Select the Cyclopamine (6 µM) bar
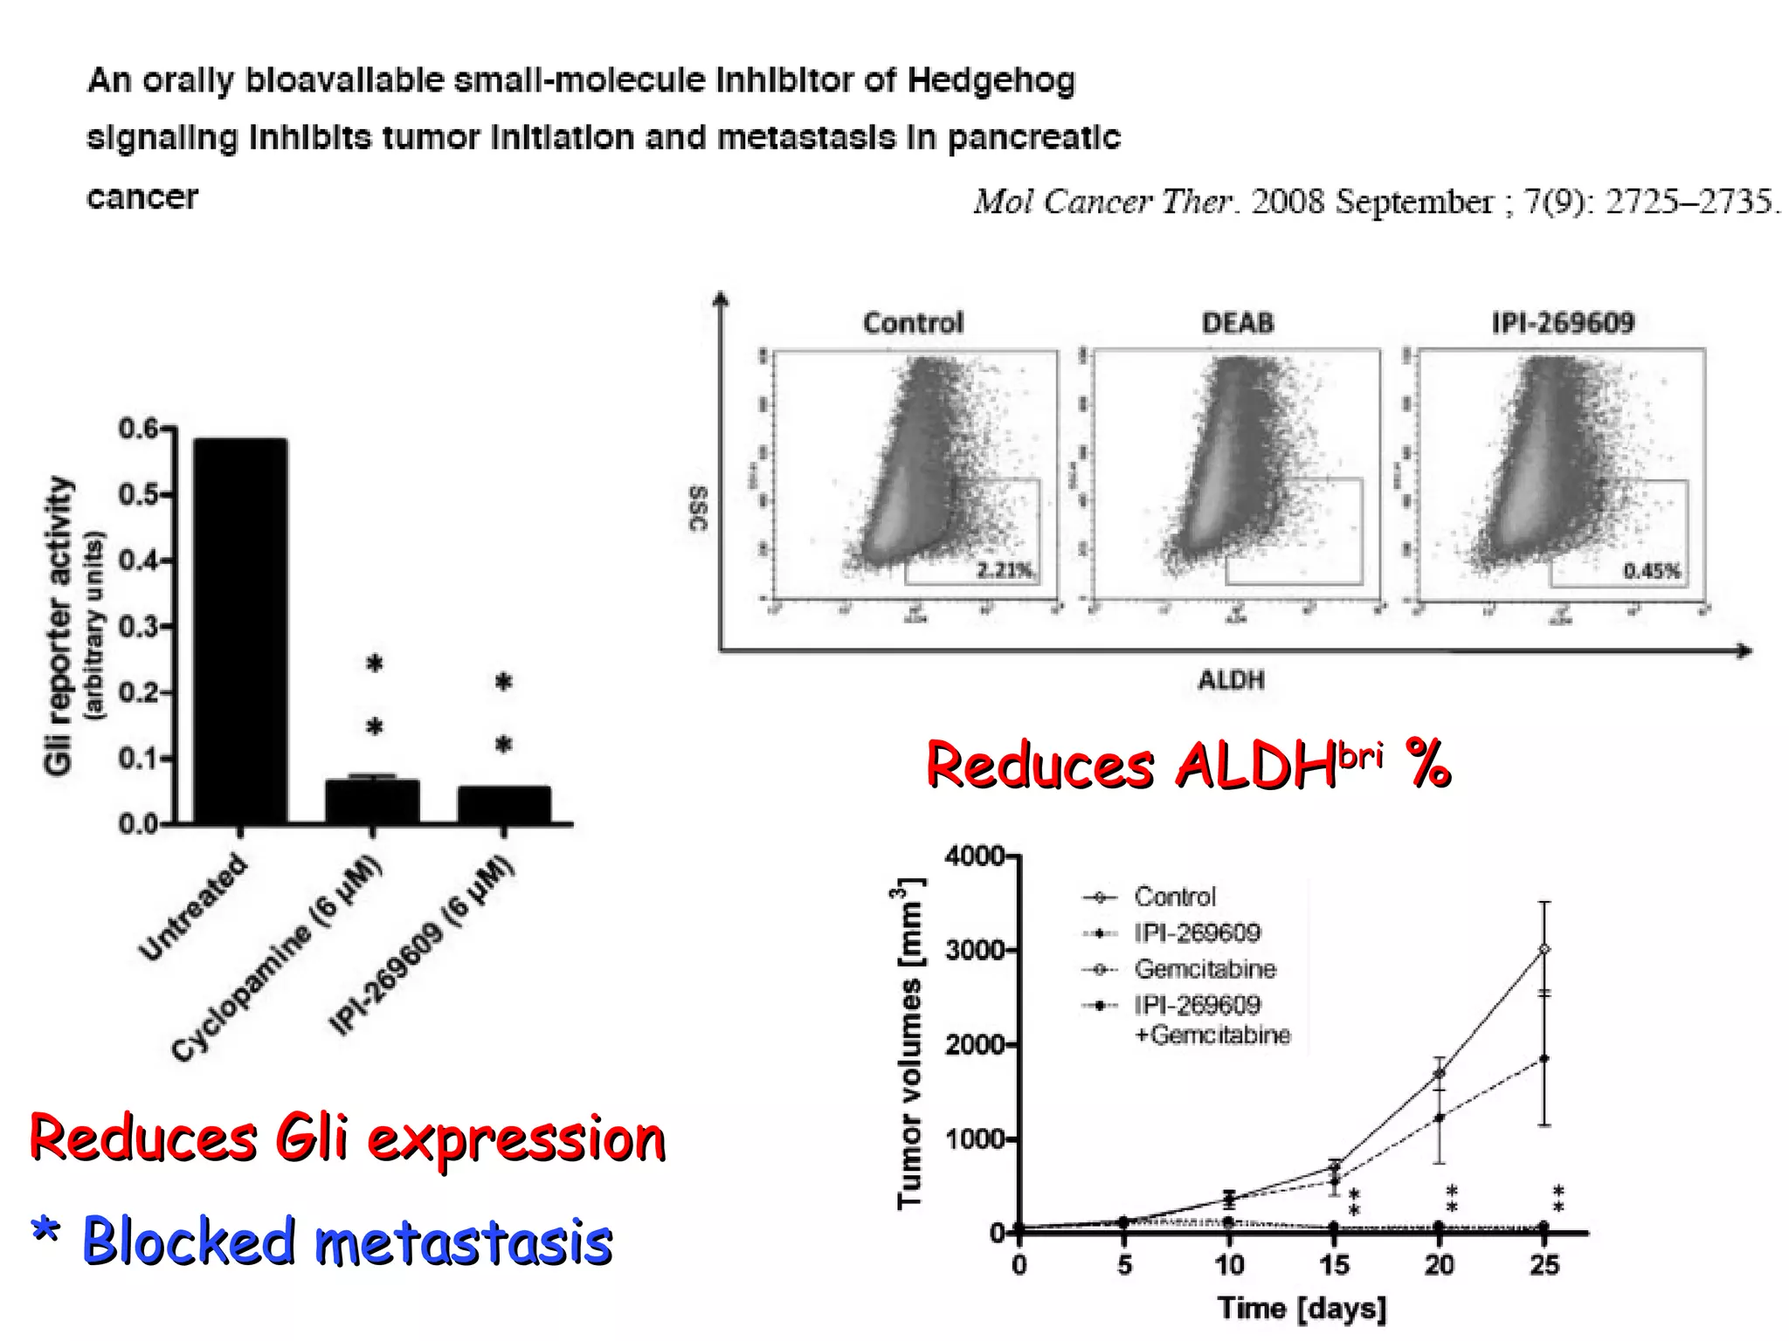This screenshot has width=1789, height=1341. (x=373, y=800)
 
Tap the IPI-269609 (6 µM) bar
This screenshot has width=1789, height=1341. (x=504, y=803)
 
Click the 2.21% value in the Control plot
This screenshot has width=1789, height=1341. (x=1005, y=571)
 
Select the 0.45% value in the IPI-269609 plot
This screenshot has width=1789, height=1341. (x=1651, y=571)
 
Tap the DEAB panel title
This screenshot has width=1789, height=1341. (x=1238, y=323)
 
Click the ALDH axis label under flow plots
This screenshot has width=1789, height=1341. (x=1231, y=680)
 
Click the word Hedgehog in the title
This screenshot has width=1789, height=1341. (x=991, y=80)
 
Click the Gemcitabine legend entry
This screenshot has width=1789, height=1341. (x=1205, y=969)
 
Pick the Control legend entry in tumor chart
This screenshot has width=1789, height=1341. (x=1174, y=897)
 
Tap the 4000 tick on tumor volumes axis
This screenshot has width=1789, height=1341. (x=974, y=856)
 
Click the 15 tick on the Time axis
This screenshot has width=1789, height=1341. (x=1334, y=1265)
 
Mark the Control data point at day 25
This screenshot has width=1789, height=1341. (x=1544, y=949)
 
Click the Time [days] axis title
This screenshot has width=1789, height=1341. (x=1302, y=1309)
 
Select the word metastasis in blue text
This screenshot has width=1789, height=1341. (x=463, y=1242)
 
